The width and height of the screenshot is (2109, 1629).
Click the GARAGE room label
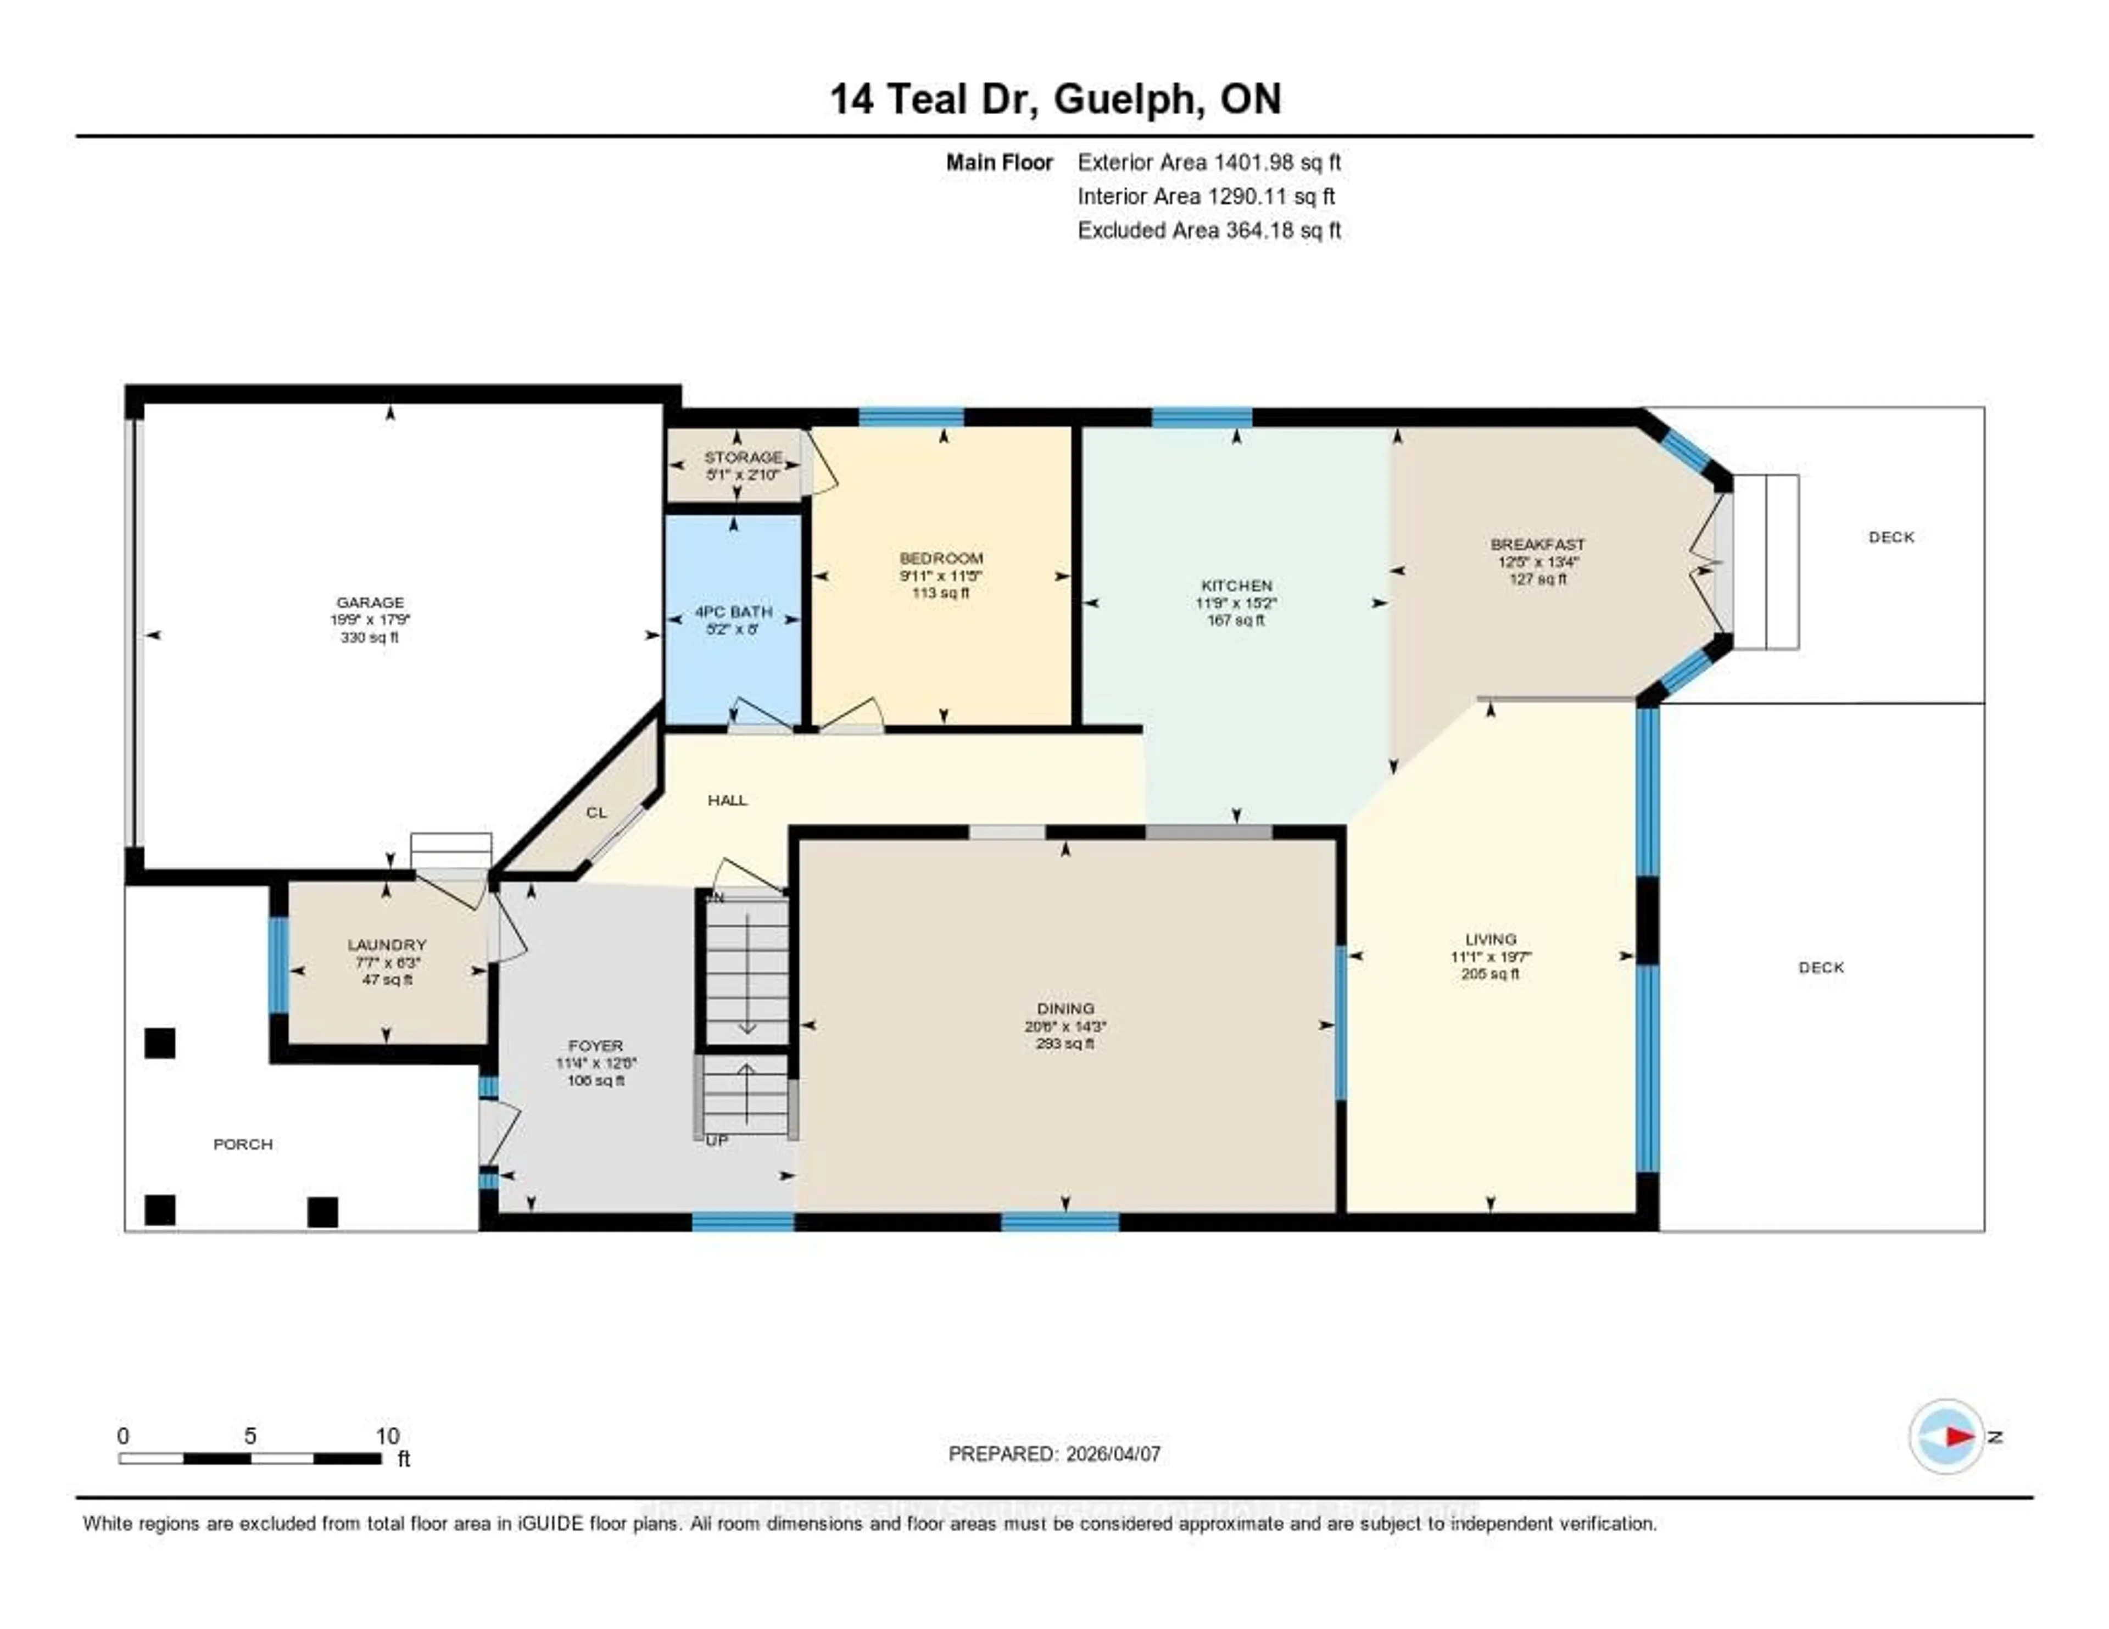click(x=370, y=601)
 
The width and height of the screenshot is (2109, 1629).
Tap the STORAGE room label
click(x=743, y=457)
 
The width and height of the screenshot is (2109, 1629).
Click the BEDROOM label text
click(x=941, y=558)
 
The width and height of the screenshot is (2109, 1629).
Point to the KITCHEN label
click(x=1236, y=585)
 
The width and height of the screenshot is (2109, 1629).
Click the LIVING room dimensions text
click(x=1490, y=957)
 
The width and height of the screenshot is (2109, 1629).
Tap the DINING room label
click(x=1065, y=1008)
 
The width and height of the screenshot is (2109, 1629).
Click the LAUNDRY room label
click(x=386, y=944)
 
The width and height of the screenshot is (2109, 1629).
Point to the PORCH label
click(x=242, y=1144)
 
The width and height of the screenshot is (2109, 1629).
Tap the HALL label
click(x=727, y=800)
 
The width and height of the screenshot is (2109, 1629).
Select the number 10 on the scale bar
click(x=387, y=1436)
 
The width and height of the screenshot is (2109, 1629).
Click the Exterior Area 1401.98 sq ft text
click(x=1209, y=162)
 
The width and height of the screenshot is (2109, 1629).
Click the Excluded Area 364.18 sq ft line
click(x=1209, y=230)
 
